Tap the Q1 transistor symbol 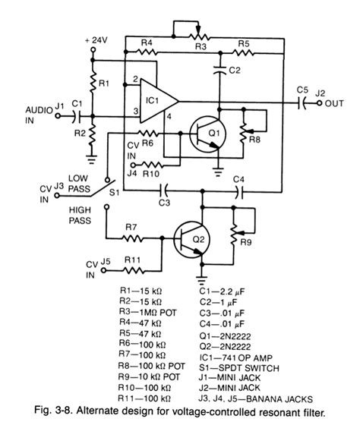206,134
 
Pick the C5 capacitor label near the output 302,89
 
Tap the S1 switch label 114,193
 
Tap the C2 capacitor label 235,70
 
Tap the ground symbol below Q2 202,276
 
